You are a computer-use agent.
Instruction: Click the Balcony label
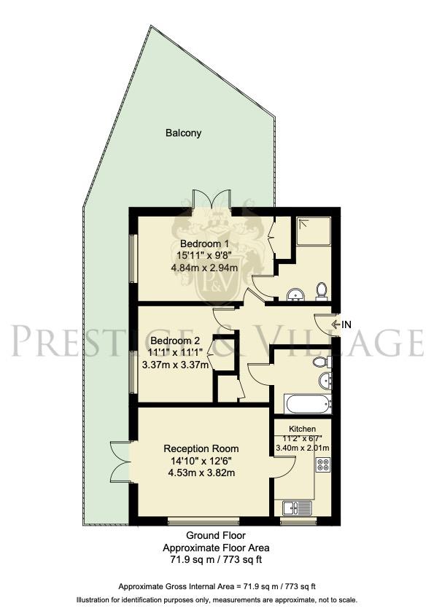click(183, 133)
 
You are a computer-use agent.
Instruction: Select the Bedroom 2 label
click(175, 341)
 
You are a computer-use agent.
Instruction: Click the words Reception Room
click(201, 448)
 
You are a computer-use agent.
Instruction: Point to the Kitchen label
click(302, 428)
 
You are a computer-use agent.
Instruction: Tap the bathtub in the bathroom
click(307, 403)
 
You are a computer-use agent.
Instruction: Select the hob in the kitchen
click(323, 463)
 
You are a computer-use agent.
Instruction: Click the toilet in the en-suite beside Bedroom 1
click(321, 292)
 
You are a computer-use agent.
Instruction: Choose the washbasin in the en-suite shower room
click(295, 294)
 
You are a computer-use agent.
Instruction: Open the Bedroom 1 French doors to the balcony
click(212, 200)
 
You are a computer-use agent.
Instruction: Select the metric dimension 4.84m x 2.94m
click(205, 268)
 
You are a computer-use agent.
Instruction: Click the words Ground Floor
click(216, 535)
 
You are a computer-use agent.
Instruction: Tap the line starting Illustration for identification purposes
click(217, 599)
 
